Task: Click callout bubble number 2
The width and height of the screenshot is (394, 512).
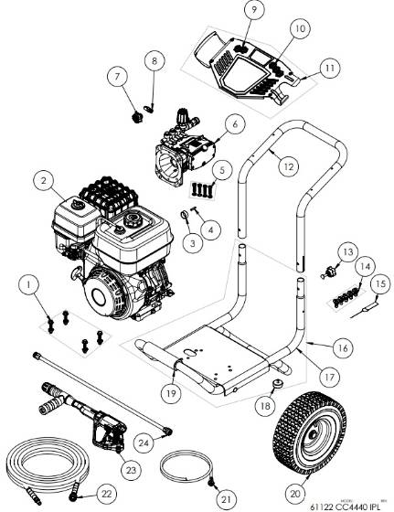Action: (42, 181)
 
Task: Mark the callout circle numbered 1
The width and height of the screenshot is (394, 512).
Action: (34, 286)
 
